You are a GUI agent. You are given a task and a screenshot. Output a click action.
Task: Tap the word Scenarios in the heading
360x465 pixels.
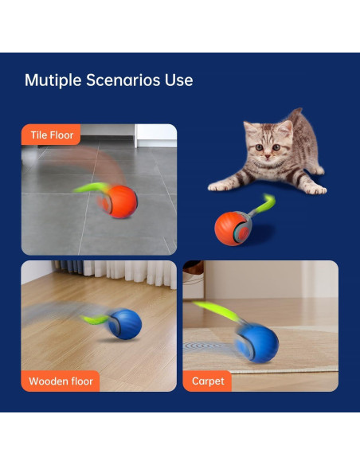[x=124, y=80]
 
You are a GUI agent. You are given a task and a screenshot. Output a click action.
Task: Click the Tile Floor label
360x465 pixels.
[x=51, y=135]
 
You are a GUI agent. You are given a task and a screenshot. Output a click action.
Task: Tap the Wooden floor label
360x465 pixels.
[x=61, y=381]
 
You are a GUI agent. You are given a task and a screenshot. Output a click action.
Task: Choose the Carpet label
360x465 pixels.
[x=208, y=381]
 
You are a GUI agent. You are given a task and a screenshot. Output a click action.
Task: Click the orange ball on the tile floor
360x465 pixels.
[x=120, y=201]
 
